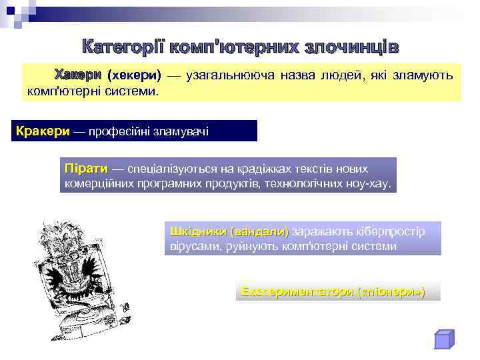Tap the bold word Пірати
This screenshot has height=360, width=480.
pos(86,169)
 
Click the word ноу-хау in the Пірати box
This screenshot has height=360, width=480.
pos(366,183)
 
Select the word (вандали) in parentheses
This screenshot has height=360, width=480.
pos(259,231)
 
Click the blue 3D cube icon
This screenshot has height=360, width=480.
pos(443,339)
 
